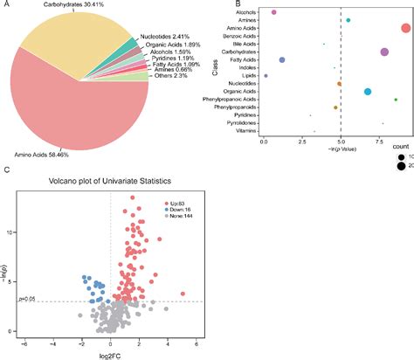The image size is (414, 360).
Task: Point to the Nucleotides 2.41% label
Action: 164,36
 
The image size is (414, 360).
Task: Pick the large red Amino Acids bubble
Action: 405,28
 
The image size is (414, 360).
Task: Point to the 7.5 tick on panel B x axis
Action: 379,140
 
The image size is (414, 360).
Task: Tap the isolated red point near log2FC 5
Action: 182,294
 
